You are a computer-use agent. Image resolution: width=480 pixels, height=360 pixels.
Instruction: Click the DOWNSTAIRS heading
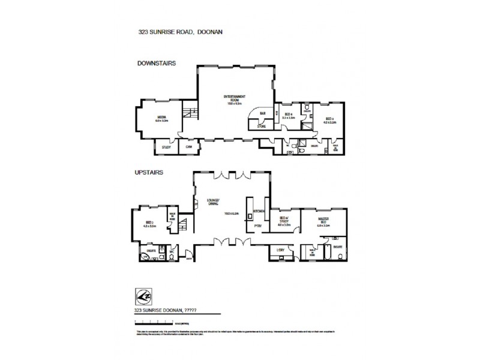156,62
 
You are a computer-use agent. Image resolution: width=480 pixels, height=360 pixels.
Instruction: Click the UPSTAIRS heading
150,172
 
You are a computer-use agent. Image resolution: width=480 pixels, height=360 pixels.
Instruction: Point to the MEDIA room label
162,118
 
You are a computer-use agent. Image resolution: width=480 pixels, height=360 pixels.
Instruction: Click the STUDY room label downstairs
166,147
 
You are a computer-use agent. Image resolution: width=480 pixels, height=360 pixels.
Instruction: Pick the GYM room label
188,147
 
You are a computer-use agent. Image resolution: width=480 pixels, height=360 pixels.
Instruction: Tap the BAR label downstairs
262,113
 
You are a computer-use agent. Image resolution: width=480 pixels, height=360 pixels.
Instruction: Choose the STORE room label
261,127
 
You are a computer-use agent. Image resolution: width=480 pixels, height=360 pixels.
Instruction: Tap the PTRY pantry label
257,226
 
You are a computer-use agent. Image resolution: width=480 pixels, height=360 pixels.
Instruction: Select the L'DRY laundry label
280,250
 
